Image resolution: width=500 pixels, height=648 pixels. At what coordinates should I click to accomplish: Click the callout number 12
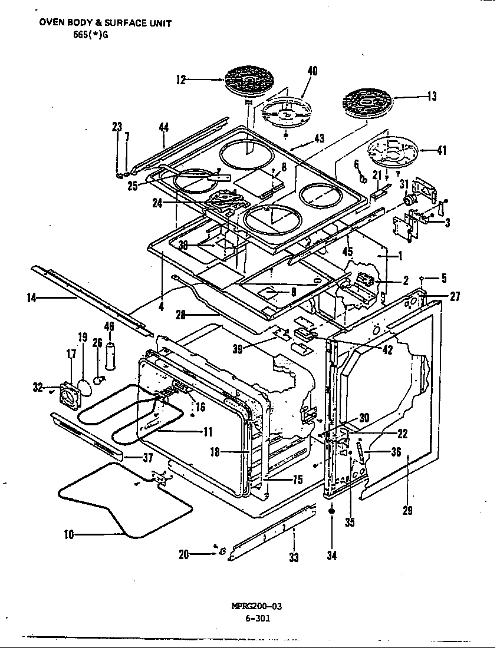point(181,80)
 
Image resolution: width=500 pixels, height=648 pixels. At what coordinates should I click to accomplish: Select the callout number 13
point(432,96)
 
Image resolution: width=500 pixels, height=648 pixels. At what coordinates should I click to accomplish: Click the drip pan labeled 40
point(286,113)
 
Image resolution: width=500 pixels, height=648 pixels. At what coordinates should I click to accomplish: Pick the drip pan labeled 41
point(393,154)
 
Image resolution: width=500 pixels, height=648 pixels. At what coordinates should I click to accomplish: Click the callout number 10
point(69,535)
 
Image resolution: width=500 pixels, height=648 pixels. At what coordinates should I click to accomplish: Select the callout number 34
point(332,555)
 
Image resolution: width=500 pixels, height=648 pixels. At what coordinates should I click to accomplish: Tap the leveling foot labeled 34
point(332,514)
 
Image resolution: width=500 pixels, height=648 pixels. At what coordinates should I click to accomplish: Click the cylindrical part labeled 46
point(110,356)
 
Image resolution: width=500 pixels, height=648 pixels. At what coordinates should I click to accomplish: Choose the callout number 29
point(407,511)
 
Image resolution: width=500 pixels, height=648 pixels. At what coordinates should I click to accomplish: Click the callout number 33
point(294,558)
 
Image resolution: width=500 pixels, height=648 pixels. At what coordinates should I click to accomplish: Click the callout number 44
point(164,127)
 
